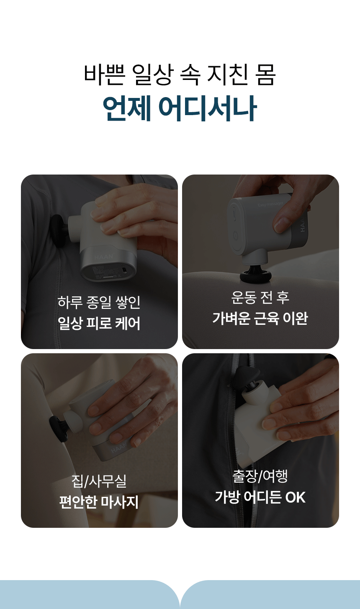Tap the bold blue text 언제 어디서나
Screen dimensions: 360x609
coord(180,108)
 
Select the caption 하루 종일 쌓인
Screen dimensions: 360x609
coord(99,302)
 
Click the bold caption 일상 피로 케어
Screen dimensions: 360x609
coord(99,323)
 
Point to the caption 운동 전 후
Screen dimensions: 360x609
coord(260,297)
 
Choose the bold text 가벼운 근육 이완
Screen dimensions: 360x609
coord(260,318)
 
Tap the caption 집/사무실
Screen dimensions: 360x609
coord(99,481)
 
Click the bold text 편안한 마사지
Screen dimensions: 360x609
coord(99,502)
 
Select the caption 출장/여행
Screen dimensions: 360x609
coord(260,476)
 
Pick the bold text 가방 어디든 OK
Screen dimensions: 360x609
coord(260,497)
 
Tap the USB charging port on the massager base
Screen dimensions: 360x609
coord(124,270)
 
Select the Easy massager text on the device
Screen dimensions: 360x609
coord(270,204)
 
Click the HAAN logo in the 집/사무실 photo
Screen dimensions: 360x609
coord(119,447)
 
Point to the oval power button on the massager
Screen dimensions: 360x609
coord(233,214)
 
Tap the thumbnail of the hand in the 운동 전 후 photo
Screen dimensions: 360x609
coord(280,225)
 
